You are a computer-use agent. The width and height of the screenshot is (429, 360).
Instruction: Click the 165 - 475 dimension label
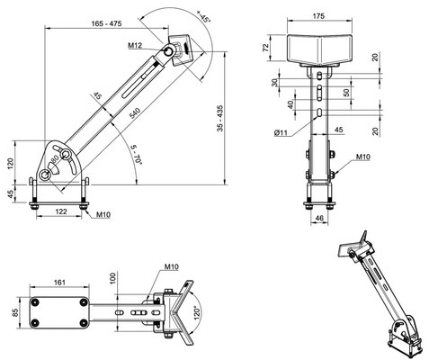point(106,23)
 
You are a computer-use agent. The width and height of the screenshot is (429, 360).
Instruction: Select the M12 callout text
point(135,45)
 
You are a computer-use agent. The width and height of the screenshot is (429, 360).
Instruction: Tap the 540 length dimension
point(135,113)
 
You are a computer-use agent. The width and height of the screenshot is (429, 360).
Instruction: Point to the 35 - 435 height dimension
point(220,118)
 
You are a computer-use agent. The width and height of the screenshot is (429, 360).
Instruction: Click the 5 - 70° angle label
point(137,154)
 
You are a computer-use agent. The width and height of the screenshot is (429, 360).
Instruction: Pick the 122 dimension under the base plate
point(61,211)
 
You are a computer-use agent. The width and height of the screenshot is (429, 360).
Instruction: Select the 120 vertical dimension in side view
point(11,164)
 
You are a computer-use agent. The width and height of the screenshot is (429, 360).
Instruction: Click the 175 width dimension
point(318,16)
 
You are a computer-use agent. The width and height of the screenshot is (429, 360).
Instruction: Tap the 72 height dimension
point(266,48)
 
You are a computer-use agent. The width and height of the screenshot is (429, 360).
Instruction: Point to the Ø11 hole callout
point(281,132)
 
